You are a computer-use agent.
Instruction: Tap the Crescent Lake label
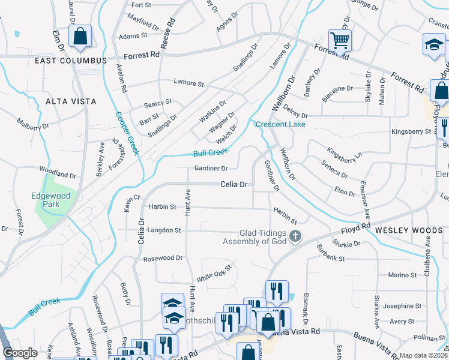(x=280, y=124)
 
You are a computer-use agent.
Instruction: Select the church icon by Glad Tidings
(x=295, y=236)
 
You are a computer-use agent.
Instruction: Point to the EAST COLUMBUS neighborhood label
(x=71, y=61)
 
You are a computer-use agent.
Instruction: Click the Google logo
(x=20, y=353)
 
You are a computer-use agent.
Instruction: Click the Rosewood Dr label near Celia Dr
(x=163, y=258)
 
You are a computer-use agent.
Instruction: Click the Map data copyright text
(x=424, y=355)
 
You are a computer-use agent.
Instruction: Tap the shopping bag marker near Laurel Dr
(x=79, y=36)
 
